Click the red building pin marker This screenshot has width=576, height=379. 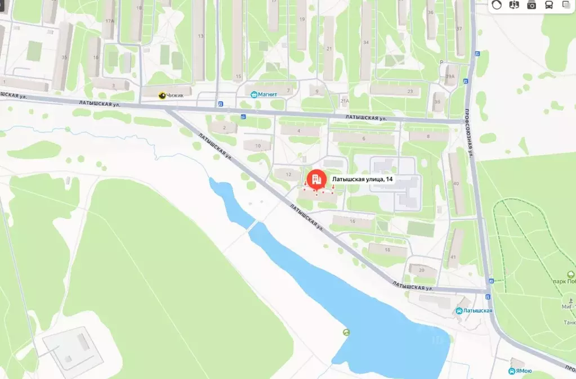(316, 179)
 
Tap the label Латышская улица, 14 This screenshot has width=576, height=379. (363, 179)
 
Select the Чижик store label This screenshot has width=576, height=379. (173, 96)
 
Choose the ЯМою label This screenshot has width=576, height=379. (524, 371)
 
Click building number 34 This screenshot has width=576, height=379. (366, 42)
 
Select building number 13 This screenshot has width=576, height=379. (200, 36)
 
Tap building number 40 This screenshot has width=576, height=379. (456, 183)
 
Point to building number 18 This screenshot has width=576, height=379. (387, 249)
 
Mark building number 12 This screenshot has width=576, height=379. (288, 175)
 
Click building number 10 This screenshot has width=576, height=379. (258, 146)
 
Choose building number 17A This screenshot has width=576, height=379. (109, 21)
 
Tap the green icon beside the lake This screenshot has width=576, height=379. (346, 332)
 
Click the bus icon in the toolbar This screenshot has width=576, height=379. (548, 5)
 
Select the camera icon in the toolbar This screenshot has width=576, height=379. (532, 5)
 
